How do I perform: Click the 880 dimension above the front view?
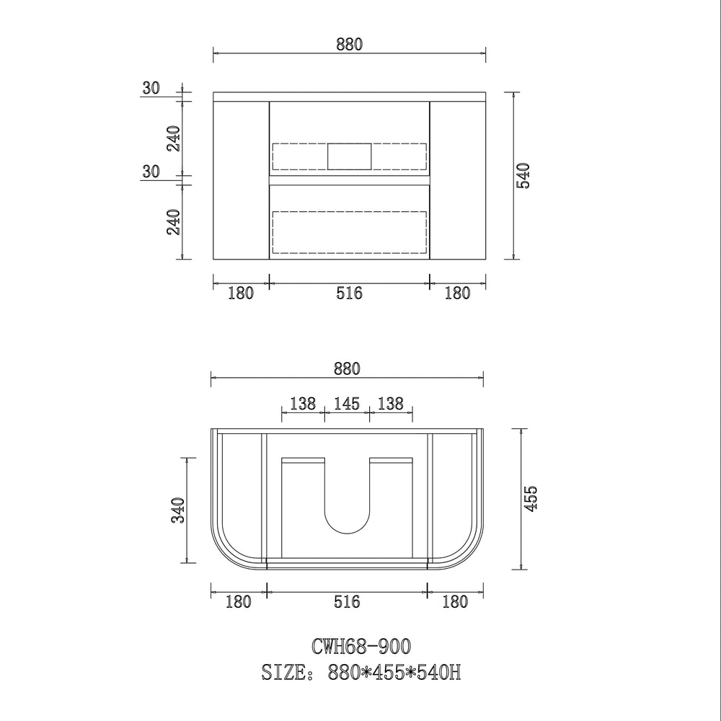(350, 45)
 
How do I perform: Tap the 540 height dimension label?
(523, 176)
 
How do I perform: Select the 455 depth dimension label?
(530, 498)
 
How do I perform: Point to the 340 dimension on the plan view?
(178, 510)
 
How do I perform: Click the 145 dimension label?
(347, 404)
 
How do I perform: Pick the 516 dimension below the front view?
(349, 293)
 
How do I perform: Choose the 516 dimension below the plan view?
(347, 601)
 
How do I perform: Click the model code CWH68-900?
(361, 647)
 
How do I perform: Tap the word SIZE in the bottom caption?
(283, 672)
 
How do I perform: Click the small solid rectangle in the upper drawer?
(350, 156)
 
